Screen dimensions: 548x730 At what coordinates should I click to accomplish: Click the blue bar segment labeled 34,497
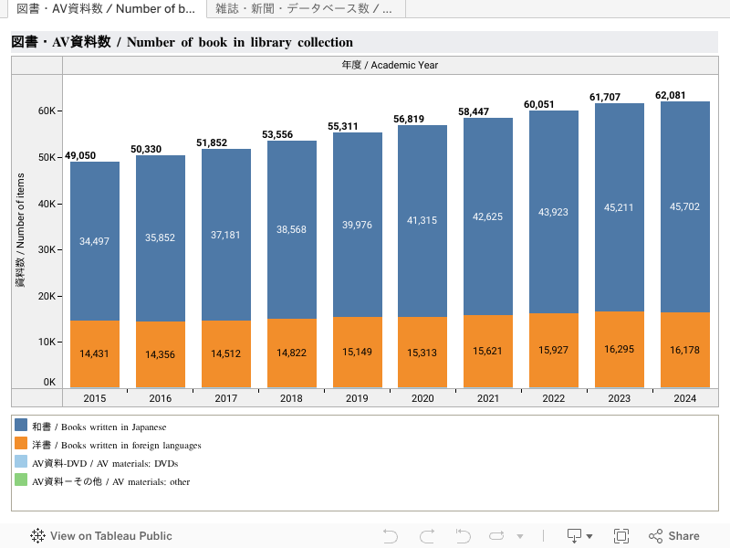click(95, 241)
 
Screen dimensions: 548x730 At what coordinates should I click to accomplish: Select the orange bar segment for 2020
click(422, 353)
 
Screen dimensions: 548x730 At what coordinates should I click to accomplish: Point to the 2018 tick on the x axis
click(291, 398)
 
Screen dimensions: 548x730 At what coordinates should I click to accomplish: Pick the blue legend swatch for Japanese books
click(21, 426)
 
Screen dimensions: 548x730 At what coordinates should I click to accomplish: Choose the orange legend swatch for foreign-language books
click(21, 445)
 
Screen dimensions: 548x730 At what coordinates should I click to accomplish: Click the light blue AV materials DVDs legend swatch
click(21, 463)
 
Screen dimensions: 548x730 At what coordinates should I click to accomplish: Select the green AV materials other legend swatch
click(21, 481)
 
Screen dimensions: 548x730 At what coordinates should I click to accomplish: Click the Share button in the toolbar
click(674, 536)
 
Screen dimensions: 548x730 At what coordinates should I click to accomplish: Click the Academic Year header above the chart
click(390, 65)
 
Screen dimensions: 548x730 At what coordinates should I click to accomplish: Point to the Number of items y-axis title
click(20, 228)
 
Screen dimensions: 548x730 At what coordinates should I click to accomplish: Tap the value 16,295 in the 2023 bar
click(619, 349)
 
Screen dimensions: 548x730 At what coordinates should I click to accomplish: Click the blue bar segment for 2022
click(553, 212)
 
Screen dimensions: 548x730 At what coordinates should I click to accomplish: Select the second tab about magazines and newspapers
click(304, 9)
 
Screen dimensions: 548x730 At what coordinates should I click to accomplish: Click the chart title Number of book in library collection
click(182, 42)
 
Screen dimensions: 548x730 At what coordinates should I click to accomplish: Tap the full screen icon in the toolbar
click(621, 536)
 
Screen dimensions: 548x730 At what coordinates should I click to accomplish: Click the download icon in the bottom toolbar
click(575, 536)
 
